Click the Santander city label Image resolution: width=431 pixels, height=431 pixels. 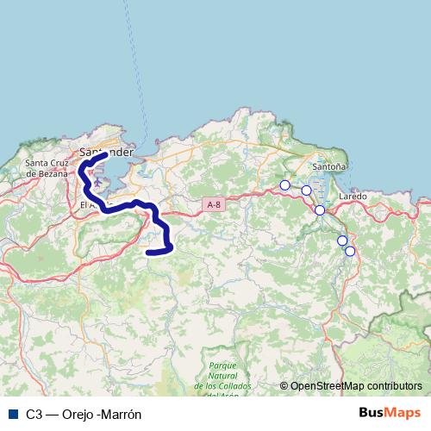106,152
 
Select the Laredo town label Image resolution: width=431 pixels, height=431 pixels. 353,197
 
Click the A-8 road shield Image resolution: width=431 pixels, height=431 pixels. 215,204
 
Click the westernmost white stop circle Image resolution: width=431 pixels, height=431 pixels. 285,184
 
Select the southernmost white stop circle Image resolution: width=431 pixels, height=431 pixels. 350,251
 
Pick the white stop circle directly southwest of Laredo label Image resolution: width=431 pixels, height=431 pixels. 320,210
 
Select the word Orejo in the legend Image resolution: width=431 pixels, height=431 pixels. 76,414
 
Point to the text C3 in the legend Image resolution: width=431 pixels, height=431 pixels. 34,414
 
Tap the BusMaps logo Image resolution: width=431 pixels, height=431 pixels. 390,413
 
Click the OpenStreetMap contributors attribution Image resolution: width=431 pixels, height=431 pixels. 355,387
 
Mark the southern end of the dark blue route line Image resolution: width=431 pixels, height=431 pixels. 149,252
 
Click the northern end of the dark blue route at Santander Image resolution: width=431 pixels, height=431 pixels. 104,155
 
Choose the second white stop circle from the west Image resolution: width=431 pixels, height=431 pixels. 306,191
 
